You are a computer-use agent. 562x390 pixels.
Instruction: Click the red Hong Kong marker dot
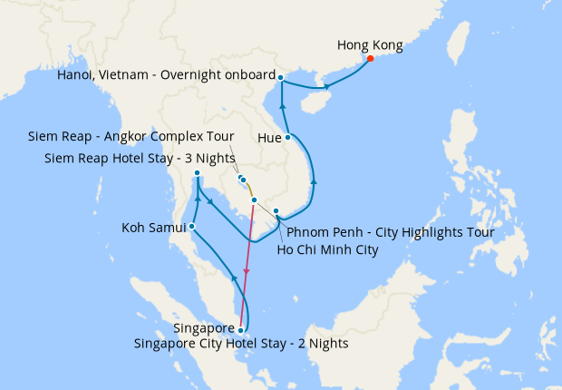[370, 59]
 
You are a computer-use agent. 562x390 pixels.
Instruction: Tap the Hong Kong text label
[370, 44]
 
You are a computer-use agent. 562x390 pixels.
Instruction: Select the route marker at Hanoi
[281, 77]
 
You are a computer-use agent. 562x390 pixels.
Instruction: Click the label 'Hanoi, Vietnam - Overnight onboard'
[165, 75]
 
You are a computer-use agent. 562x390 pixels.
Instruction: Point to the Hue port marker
[288, 138]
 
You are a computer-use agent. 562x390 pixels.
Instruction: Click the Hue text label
[269, 139]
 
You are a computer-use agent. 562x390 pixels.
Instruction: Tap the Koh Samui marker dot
[191, 227]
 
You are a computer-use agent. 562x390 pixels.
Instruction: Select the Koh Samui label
[153, 228]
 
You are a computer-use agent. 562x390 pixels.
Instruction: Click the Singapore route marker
[240, 330]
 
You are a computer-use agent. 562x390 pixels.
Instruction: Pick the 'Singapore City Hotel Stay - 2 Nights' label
[241, 344]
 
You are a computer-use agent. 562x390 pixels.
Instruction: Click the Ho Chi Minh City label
[326, 249]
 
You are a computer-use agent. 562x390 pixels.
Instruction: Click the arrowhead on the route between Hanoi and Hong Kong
[326, 87]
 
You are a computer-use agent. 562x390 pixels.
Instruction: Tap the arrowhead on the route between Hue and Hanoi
[284, 108]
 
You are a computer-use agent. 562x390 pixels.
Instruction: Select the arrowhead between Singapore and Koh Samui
[235, 277]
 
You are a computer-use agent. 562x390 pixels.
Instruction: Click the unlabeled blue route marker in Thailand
[197, 173]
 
